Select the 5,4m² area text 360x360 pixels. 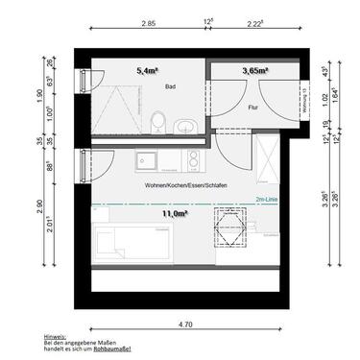pyautogui.click(x=148, y=70)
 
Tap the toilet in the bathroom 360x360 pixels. pyautogui.click(x=158, y=122)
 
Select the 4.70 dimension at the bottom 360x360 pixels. pyautogui.click(x=182, y=325)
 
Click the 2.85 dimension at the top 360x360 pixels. pyautogui.click(x=148, y=22)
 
